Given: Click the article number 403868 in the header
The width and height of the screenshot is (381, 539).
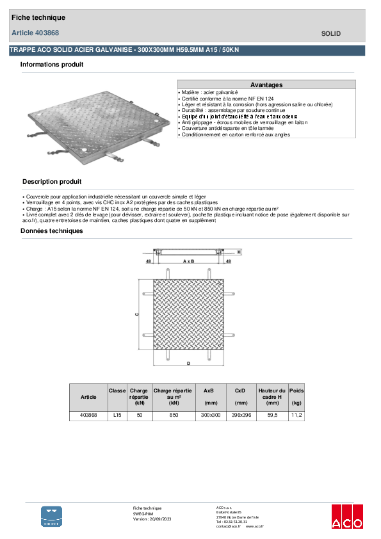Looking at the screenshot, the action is tap(49, 33).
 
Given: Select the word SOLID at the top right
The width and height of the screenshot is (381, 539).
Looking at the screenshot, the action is tap(331, 33).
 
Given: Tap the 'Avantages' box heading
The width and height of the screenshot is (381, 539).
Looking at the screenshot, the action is tap(266, 84).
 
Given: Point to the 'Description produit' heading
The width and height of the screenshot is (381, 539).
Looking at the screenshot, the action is tap(52, 182).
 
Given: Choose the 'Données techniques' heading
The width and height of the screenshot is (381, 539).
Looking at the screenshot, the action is tap(52, 231).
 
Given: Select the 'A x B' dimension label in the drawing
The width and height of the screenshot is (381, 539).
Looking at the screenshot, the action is tap(189, 262).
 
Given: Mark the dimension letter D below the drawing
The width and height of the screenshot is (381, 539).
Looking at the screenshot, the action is tap(188, 364).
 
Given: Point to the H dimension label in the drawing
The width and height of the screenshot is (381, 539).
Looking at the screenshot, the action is tap(239, 252).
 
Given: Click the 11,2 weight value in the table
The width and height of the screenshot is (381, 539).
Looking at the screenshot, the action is tap(296, 415).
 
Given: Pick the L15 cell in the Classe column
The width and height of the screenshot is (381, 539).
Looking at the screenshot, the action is tap(117, 415).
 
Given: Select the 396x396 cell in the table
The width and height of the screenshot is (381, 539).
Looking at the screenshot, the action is tap(241, 415).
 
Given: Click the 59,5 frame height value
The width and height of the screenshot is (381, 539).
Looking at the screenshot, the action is tap(272, 415).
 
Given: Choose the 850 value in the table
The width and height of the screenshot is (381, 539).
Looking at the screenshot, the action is tap(174, 415).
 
